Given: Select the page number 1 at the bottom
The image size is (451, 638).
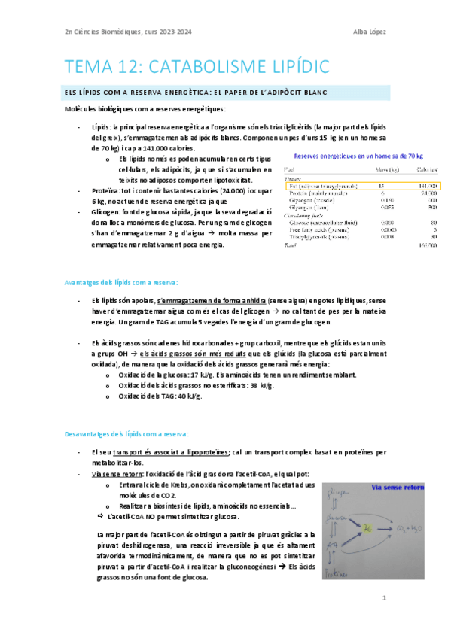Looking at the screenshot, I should pos(384,598).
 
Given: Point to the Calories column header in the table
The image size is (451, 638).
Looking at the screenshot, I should pos(426,169).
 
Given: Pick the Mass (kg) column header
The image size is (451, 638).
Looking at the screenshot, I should pos(385,169).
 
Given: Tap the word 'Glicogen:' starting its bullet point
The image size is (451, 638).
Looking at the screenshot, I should pos(105,213).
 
